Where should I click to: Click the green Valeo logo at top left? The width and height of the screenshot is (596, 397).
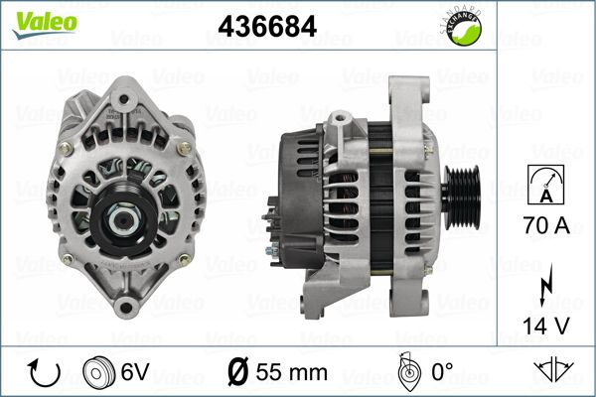(45, 24)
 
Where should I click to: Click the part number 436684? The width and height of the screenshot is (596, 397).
(267, 26)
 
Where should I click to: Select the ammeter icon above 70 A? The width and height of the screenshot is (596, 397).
(546, 185)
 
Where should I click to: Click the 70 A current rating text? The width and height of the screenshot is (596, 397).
(546, 225)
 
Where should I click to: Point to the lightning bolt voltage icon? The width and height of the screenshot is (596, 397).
(545, 284)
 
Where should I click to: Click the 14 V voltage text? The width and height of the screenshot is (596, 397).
(546, 326)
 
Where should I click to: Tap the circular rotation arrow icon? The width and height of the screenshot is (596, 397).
(45, 373)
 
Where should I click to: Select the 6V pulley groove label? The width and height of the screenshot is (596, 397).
(135, 371)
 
